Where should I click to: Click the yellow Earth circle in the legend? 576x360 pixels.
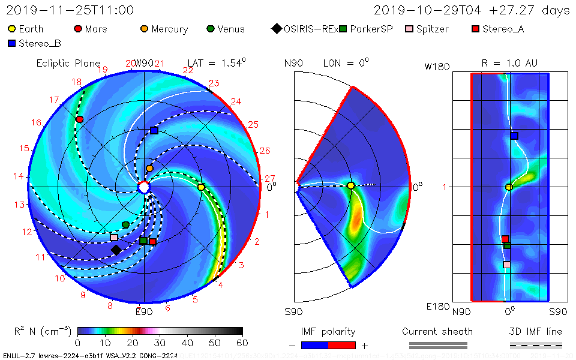[x=11, y=29]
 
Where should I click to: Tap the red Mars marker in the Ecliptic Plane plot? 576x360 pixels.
[x=79, y=119]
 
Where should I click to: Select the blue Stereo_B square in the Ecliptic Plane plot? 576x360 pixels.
[x=154, y=130]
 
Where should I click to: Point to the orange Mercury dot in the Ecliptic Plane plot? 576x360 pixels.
[x=149, y=169]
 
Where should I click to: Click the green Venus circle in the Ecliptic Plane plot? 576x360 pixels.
[x=125, y=224]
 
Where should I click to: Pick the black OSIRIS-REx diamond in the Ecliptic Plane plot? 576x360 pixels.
[x=116, y=249]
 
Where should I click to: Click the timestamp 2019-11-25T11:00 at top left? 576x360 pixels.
[x=70, y=10]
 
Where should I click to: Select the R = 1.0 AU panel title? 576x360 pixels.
[x=509, y=63]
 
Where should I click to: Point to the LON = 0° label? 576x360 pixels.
[x=346, y=63]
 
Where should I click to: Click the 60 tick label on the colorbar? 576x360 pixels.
[x=242, y=343]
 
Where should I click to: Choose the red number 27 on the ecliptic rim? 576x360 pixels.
[x=270, y=178]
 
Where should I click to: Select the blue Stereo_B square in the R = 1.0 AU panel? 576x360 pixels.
[x=514, y=136]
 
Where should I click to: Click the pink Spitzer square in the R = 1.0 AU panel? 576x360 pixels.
[x=507, y=265]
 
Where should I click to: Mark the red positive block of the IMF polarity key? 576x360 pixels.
[x=342, y=345]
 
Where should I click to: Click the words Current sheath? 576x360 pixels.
[x=437, y=331]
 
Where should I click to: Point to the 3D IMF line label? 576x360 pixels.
[x=536, y=331]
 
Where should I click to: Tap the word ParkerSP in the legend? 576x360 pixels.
[x=371, y=29]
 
